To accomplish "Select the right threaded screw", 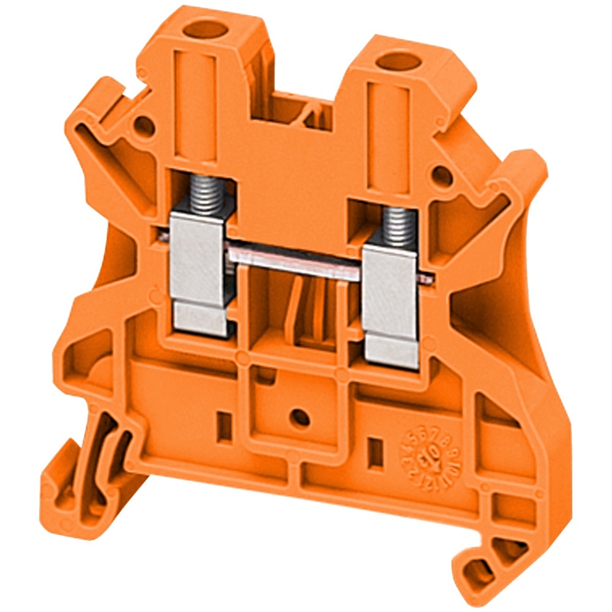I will (x=398, y=225).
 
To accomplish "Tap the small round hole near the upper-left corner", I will (x=144, y=126).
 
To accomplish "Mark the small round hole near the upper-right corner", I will (x=442, y=176).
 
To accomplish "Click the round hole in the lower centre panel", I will (x=299, y=418).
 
